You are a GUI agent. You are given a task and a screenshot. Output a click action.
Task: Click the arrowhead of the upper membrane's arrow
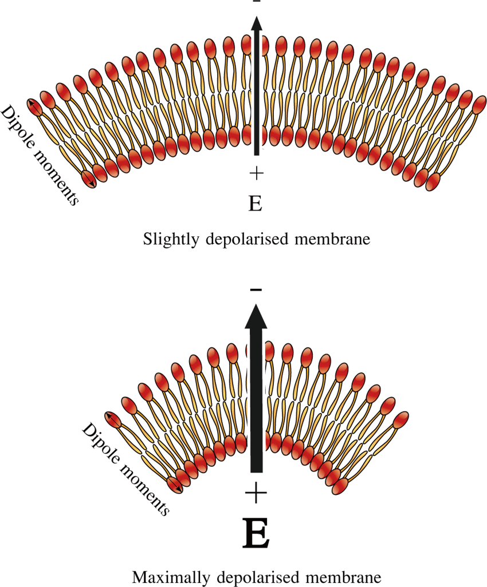pos(256,25)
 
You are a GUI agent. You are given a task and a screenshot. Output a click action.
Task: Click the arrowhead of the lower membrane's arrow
pos(256,316)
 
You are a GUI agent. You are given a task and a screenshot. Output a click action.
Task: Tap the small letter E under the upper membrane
pos(256,203)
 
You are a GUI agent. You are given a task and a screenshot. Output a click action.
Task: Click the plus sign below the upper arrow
pos(256,172)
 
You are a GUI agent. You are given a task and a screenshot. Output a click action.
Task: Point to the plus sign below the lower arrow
pos(256,492)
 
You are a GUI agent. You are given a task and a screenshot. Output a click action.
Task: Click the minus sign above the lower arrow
pos(256,291)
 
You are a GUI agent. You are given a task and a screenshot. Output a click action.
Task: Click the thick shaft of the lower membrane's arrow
pos(256,400)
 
